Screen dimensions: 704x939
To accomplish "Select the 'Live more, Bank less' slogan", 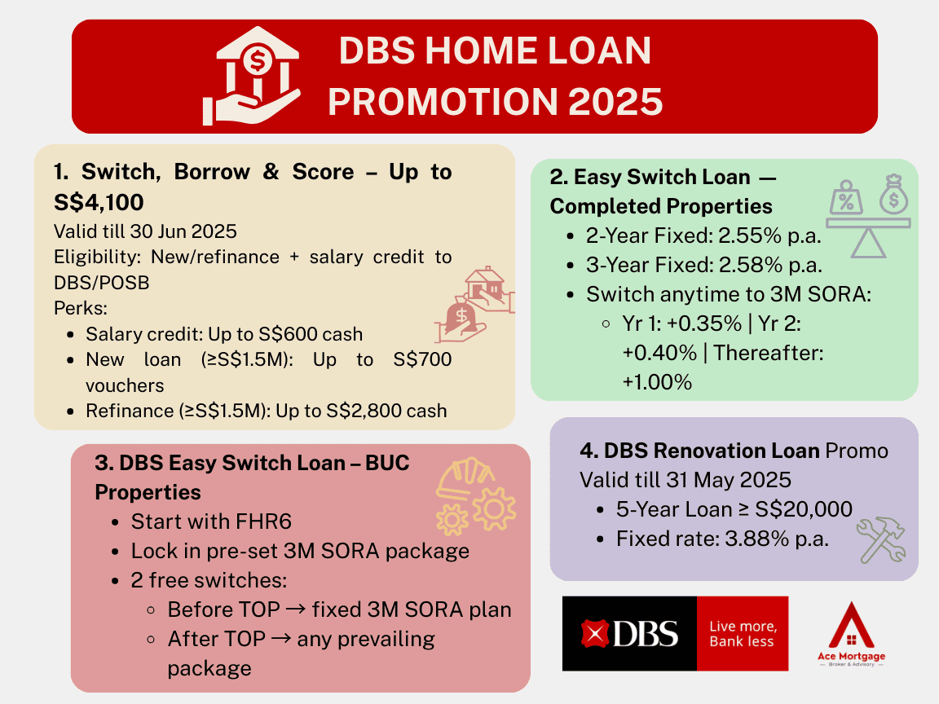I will (742, 633).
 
